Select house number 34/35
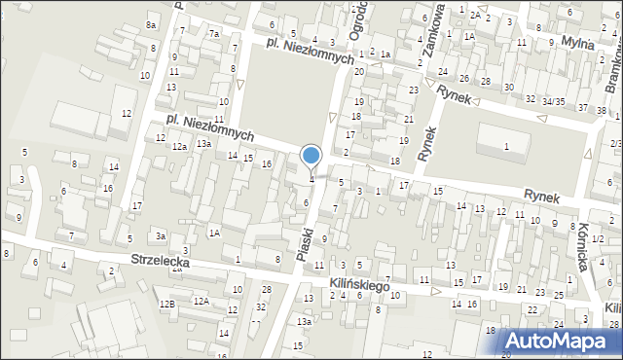pyautogui.click(x=554, y=101)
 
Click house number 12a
pyautogui.click(x=179, y=146)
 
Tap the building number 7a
pyautogui.click(x=213, y=34)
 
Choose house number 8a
pyautogui.click(x=150, y=24)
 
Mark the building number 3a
pyautogui.click(x=161, y=235)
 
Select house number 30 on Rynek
pyautogui.click(x=508, y=88)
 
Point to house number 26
pyautogui.click(x=464, y=78)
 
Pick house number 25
pyautogui.click(x=560, y=294)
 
